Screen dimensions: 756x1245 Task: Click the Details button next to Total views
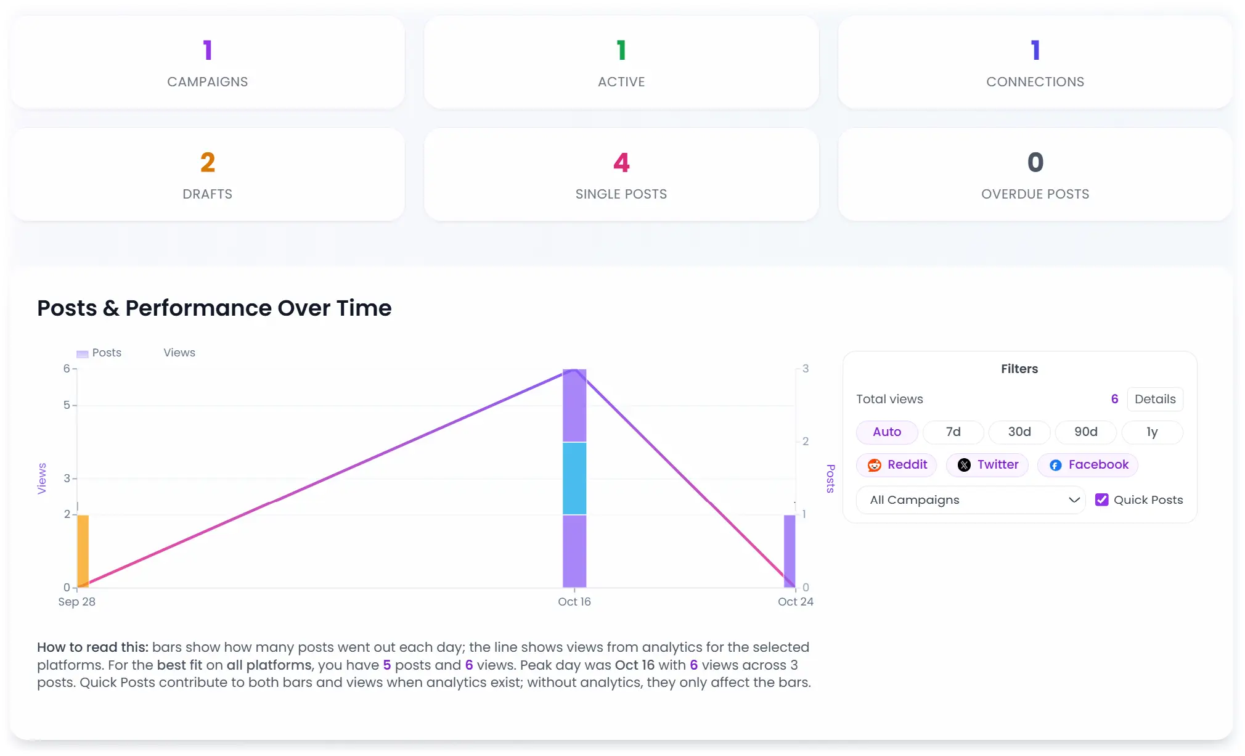(x=1154, y=399)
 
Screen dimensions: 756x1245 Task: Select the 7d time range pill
(x=953, y=432)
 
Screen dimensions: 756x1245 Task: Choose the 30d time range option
(x=1019, y=432)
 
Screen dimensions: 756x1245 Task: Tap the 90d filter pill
(x=1085, y=432)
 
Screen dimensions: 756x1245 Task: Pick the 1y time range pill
(x=1151, y=432)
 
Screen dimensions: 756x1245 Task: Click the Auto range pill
(x=886, y=432)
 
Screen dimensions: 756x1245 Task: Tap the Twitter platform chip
(x=987, y=465)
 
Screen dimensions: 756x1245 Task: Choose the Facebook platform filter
(x=1088, y=465)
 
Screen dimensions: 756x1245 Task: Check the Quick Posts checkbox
(x=1101, y=500)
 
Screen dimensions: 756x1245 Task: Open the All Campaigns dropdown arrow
(x=1074, y=500)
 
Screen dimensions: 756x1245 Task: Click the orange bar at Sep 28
(x=83, y=551)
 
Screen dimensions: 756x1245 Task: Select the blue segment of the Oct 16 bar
(x=574, y=478)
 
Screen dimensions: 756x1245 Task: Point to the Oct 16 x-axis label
(x=574, y=602)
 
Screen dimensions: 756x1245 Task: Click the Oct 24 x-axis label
(x=795, y=602)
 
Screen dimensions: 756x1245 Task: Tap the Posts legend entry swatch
(x=82, y=354)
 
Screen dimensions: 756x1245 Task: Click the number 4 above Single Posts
(x=621, y=163)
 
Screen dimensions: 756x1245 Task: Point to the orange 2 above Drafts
(x=208, y=163)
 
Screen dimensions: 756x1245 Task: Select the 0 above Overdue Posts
(x=1035, y=163)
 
